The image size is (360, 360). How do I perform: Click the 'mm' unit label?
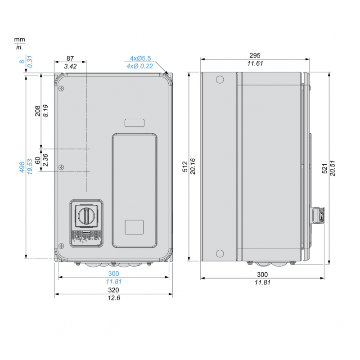[19, 40]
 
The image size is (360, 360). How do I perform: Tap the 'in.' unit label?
[19, 47]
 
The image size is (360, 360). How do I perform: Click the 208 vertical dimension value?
[38, 111]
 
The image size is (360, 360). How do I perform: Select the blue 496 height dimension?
[22, 167]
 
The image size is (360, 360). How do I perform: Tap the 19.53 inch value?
[30, 167]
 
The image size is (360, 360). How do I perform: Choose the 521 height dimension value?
[325, 168]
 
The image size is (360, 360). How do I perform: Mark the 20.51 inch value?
[333, 168]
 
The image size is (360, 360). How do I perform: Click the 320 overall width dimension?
[113, 290]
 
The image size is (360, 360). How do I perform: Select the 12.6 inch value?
[113, 298]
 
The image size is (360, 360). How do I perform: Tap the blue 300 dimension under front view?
[113, 274]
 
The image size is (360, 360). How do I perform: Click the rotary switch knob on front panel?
[85, 216]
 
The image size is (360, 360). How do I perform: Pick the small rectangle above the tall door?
[134, 122]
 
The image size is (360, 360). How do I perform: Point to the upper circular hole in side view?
[220, 80]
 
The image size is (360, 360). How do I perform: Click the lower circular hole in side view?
[220, 253]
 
